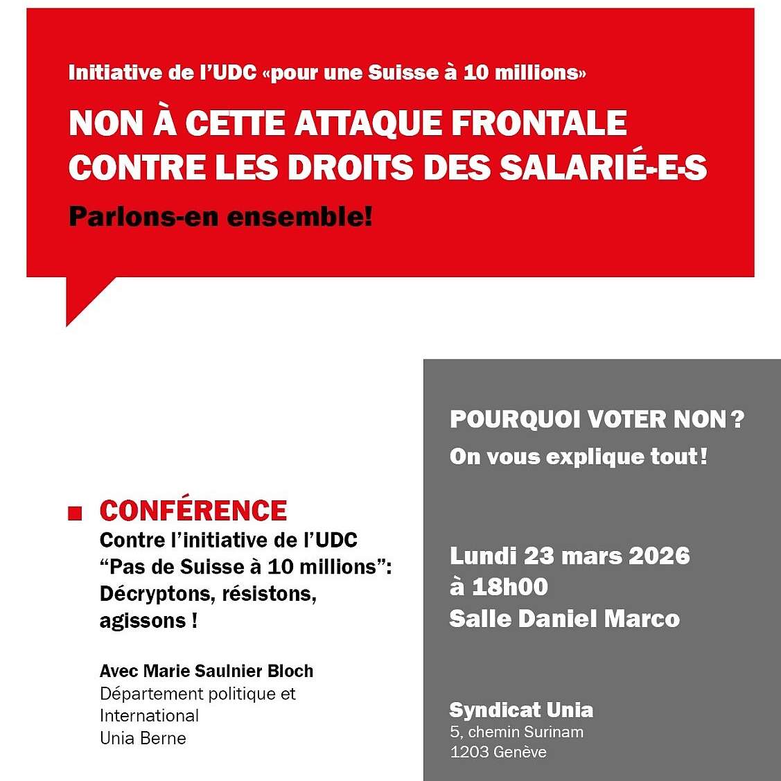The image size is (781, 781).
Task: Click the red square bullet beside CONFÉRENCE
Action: tap(75, 513)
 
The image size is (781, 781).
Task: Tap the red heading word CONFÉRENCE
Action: tap(193, 511)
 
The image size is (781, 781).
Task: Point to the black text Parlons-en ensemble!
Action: tap(220, 217)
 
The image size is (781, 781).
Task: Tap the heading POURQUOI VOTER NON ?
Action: tap(596, 419)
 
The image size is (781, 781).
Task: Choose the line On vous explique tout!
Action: tap(578, 457)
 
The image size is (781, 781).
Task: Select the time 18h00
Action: tap(510, 587)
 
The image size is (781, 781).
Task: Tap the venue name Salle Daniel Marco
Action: tap(564, 618)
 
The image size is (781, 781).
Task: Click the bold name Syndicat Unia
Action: tap(521, 710)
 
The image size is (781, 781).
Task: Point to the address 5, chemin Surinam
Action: tap(516, 732)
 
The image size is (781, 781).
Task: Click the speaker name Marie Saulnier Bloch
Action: tap(228, 671)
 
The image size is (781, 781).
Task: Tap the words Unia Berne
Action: tap(143, 737)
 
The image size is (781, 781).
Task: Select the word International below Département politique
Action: tap(149, 715)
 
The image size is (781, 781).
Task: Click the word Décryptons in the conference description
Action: tap(145, 594)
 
